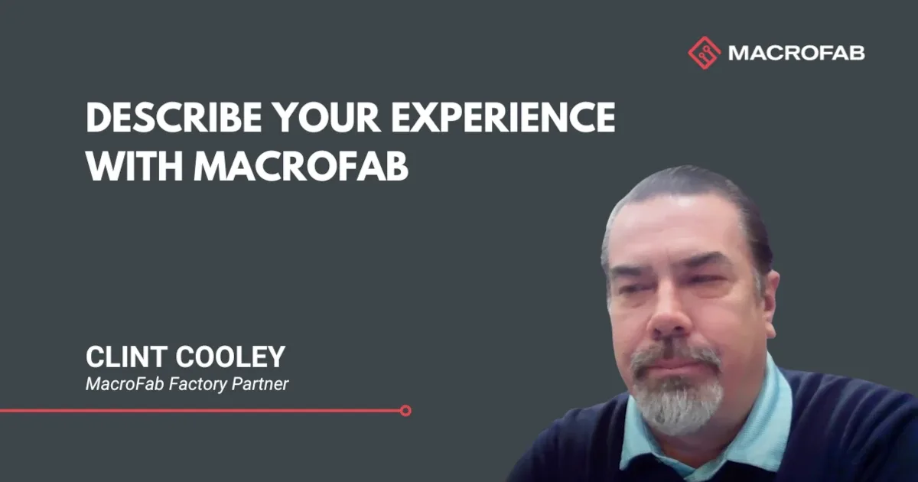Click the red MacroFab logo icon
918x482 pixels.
point(705,53)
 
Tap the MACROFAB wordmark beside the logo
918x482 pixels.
point(796,53)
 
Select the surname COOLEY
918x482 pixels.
point(236,357)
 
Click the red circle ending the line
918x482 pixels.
point(405,411)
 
